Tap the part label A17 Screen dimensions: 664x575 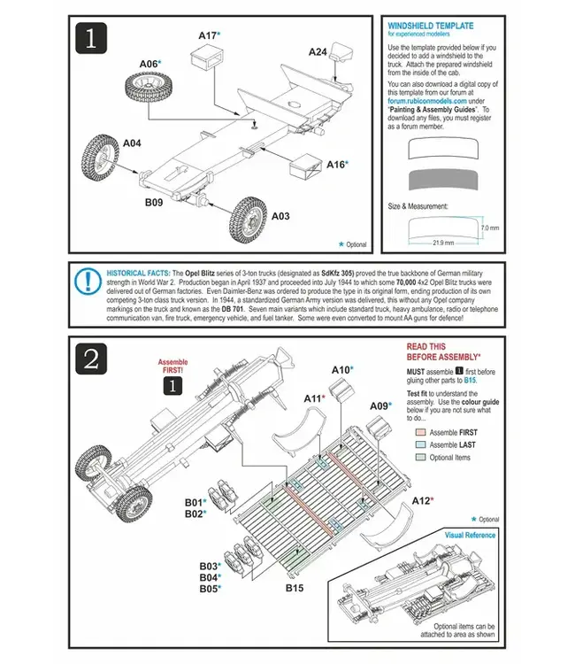tap(207, 35)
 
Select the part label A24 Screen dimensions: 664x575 tap(318, 51)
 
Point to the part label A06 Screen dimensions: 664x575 tap(150, 64)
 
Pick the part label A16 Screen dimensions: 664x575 tap(336, 164)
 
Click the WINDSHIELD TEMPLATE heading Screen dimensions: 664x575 tap(431, 27)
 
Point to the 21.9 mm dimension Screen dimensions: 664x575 tap(443, 243)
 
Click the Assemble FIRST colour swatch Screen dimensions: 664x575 tap(419, 432)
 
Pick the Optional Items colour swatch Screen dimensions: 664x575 tap(419, 458)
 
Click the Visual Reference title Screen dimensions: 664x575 tap(470, 535)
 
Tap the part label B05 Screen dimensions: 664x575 tap(209, 588)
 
